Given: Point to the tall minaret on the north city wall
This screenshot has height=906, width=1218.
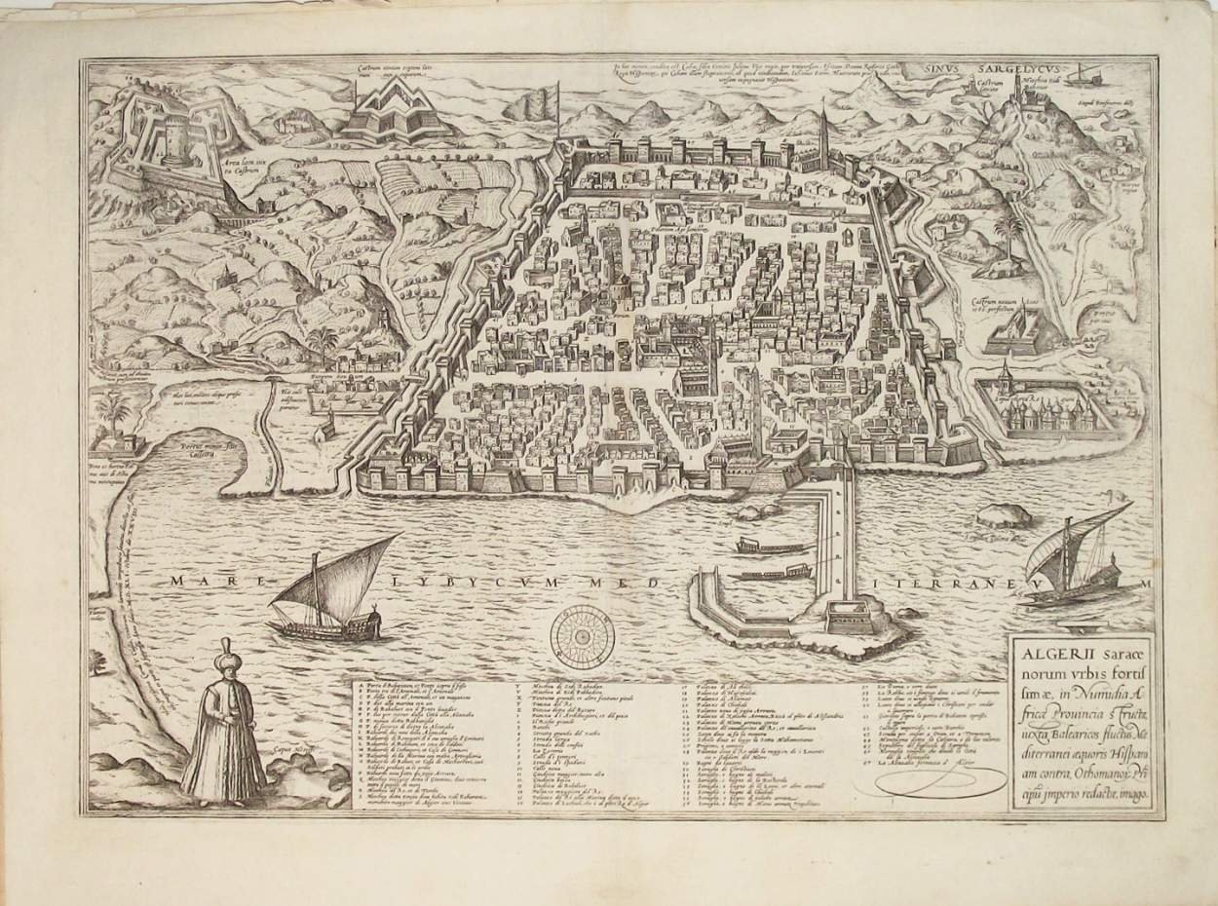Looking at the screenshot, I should point(823,136).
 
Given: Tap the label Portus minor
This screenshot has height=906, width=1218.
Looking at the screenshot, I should point(209,447).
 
